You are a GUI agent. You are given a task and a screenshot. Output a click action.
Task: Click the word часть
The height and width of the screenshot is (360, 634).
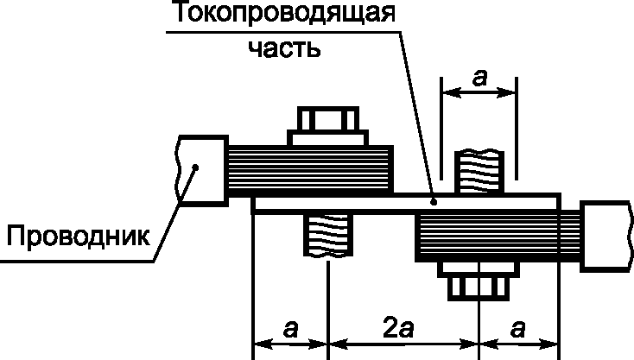click(283, 47)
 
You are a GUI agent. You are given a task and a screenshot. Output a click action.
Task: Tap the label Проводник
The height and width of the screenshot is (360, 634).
click(75, 234)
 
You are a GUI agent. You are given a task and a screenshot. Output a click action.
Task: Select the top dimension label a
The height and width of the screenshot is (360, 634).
click(479, 79)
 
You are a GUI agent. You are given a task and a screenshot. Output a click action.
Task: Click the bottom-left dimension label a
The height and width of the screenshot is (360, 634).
click(290, 328)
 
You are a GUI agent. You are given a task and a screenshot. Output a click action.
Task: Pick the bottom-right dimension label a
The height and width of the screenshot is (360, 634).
click(517, 328)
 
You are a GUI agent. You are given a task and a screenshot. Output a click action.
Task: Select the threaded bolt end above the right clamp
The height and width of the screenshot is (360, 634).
click(479, 171)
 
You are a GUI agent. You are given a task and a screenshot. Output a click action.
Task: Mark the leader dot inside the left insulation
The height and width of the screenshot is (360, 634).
click(196, 168)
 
